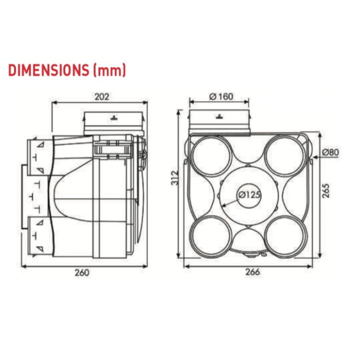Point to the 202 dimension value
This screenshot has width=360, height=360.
101,96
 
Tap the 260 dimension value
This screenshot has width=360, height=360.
82,272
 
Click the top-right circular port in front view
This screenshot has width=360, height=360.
283,154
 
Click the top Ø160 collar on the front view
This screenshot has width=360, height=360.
218,122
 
